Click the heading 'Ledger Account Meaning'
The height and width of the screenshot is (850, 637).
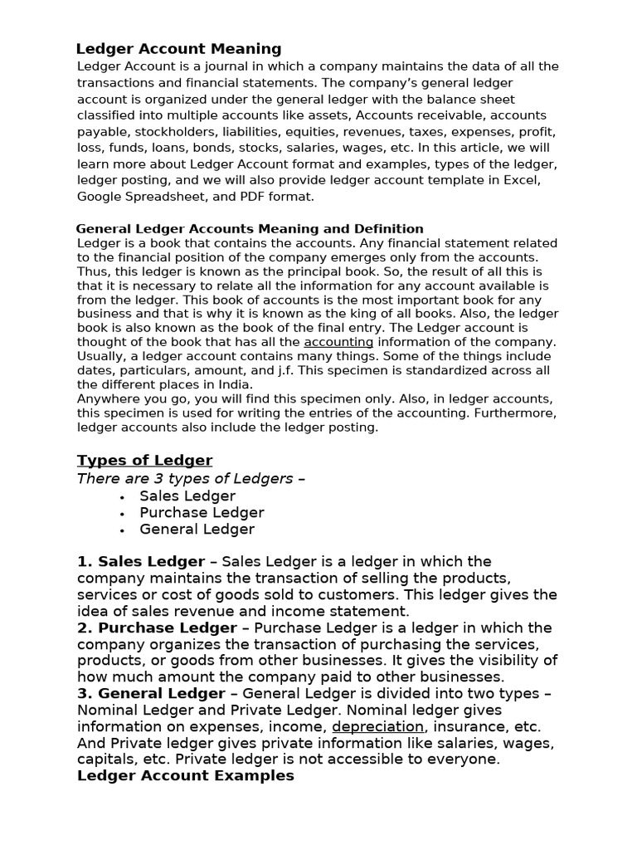[x=178, y=49]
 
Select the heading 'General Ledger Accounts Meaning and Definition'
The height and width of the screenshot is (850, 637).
[x=250, y=228]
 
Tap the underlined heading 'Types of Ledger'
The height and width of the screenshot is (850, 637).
[x=144, y=461]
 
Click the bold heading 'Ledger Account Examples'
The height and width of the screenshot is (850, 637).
[x=185, y=775]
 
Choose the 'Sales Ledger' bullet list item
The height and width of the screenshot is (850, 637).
[x=187, y=496]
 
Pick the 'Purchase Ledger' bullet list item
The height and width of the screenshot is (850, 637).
[x=202, y=512]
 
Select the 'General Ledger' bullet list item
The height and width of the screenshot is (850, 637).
[x=197, y=529]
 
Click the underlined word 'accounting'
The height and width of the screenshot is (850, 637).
[x=338, y=342]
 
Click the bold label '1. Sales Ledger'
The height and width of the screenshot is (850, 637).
[x=141, y=562]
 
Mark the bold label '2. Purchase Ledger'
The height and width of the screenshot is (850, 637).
[x=157, y=628]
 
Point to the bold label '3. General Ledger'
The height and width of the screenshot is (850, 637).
[x=151, y=693]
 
